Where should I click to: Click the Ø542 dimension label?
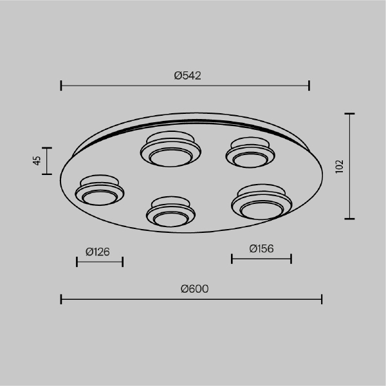coord(187,75)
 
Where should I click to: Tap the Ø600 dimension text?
coord(194,289)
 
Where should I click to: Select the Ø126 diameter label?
coord(98,252)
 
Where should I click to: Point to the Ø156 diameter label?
coord(261,248)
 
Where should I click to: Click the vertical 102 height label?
coord(340,167)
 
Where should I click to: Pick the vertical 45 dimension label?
coord(37,161)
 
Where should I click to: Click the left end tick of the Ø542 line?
coord(61,86)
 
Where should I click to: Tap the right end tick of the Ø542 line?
coord(309,86)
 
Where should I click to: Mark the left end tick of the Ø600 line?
coord(61,299)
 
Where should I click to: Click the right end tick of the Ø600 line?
coord(322,299)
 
